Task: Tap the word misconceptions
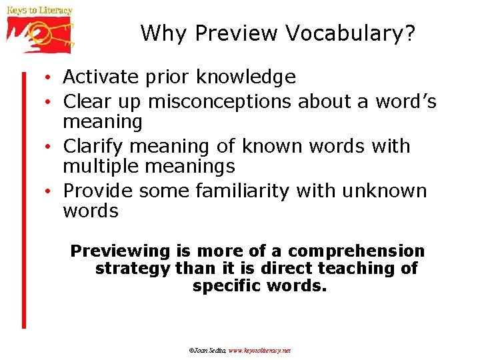coord(219,101)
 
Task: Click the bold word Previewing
coord(121,251)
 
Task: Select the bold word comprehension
coord(356,251)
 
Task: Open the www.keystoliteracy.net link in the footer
coord(260,350)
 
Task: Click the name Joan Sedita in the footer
coord(209,350)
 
